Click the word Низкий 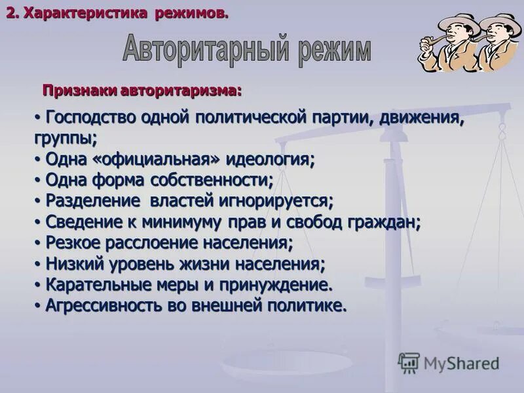69,264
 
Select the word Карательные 95,285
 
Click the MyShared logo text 461,364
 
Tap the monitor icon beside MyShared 408,362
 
